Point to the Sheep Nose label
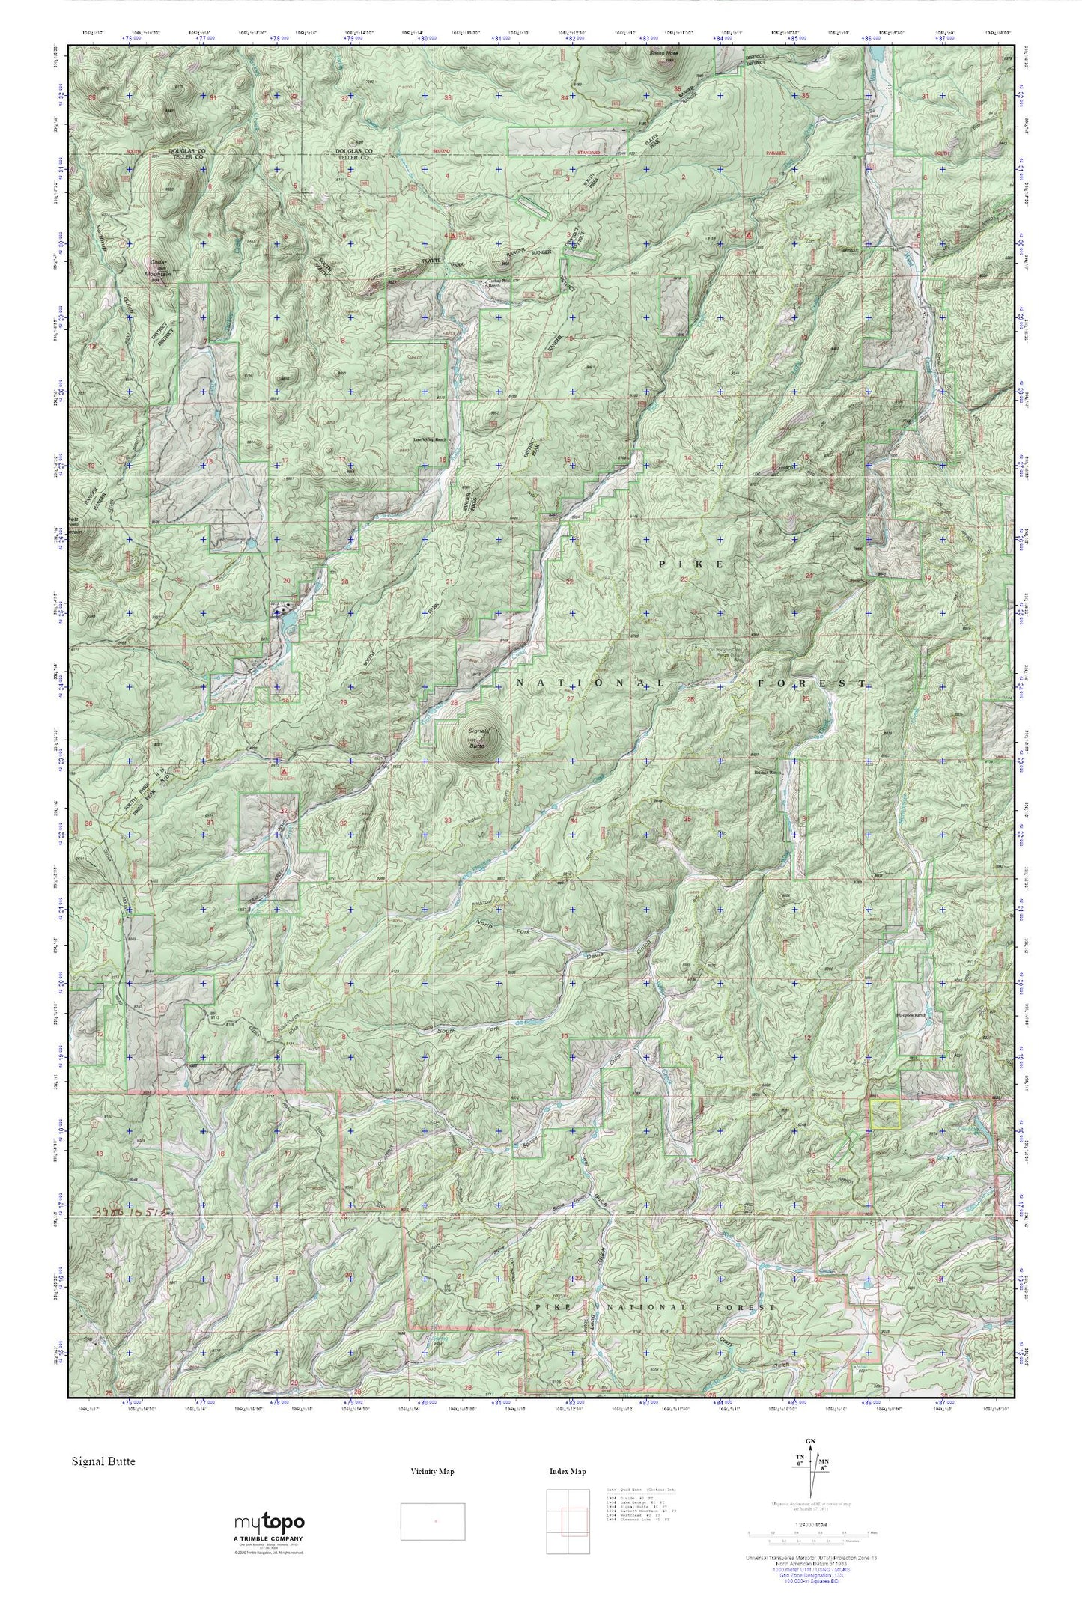663,54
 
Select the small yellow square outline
884,1113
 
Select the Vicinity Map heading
432,1471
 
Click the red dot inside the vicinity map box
436,1521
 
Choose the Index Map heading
567,1471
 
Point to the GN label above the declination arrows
809,1442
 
